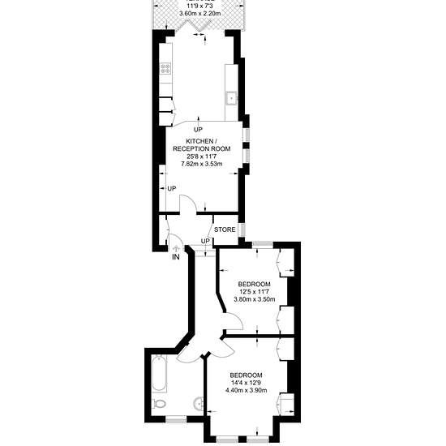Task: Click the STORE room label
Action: tap(225, 229)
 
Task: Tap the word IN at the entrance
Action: tap(176, 257)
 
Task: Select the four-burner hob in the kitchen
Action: tap(165, 68)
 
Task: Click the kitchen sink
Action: tap(232, 98)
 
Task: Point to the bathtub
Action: tap(159, 373)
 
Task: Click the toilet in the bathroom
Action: tap(159, 404)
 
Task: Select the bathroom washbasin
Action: tap(199, 403)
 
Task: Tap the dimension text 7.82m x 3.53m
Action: tap(202, 164)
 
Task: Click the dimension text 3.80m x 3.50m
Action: tap(255, 299)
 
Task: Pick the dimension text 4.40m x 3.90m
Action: tap(246, 390)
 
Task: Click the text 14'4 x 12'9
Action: tap(246, 383)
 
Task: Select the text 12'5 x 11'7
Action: tap(255, 292)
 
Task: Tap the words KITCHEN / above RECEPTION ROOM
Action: tap(202, 141)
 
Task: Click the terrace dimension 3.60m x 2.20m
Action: tap(200, 13)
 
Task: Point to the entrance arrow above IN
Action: tap(176, 249)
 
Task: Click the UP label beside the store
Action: tap(205, 241)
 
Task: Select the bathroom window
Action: tap(176, 419)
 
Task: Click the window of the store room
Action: tap(242, 229)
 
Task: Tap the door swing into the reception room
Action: tap(188, 204)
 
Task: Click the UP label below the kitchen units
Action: tap(198, 130)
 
